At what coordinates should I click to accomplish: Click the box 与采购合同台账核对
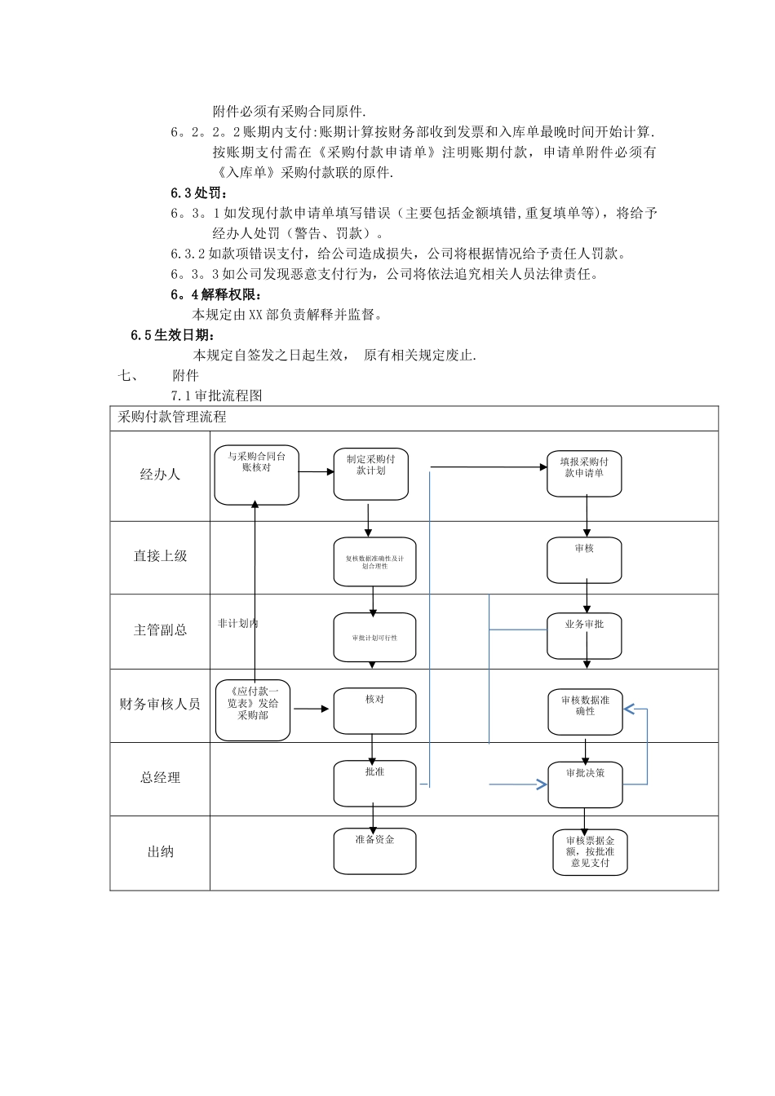click(x=256, y=475)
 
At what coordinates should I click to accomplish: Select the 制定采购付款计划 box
click(x=370, y=474)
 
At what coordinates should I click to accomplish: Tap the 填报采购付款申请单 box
click(x=584, y=472)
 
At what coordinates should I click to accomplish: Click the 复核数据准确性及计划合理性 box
click(x=374, y=562)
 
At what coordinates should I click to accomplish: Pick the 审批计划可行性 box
click(x=374, y=637)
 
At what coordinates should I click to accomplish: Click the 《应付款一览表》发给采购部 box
click(x=253, y=709)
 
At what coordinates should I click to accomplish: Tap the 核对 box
click(x=374, y=710)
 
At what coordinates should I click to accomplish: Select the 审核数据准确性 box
click(x=585, y=712)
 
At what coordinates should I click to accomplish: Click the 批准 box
click(x=374, y=783)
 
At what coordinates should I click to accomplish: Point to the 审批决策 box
click(x=585, y=784)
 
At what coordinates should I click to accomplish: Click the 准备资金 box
click(x=374, y=851)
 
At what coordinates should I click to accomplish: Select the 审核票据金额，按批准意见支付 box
click(x=590, y=852)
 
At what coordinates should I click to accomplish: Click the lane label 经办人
click(x=160, y=475)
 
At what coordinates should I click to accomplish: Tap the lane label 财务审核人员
click(x=160, y=704)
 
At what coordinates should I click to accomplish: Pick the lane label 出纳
click(x=160, y=852)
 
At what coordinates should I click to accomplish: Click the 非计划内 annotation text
click(x=237, y=623)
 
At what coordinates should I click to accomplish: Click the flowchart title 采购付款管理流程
click(x=172, y=418)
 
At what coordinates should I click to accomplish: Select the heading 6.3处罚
click(x=200, y=193)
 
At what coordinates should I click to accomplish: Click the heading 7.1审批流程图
click(x=216, y=396)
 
